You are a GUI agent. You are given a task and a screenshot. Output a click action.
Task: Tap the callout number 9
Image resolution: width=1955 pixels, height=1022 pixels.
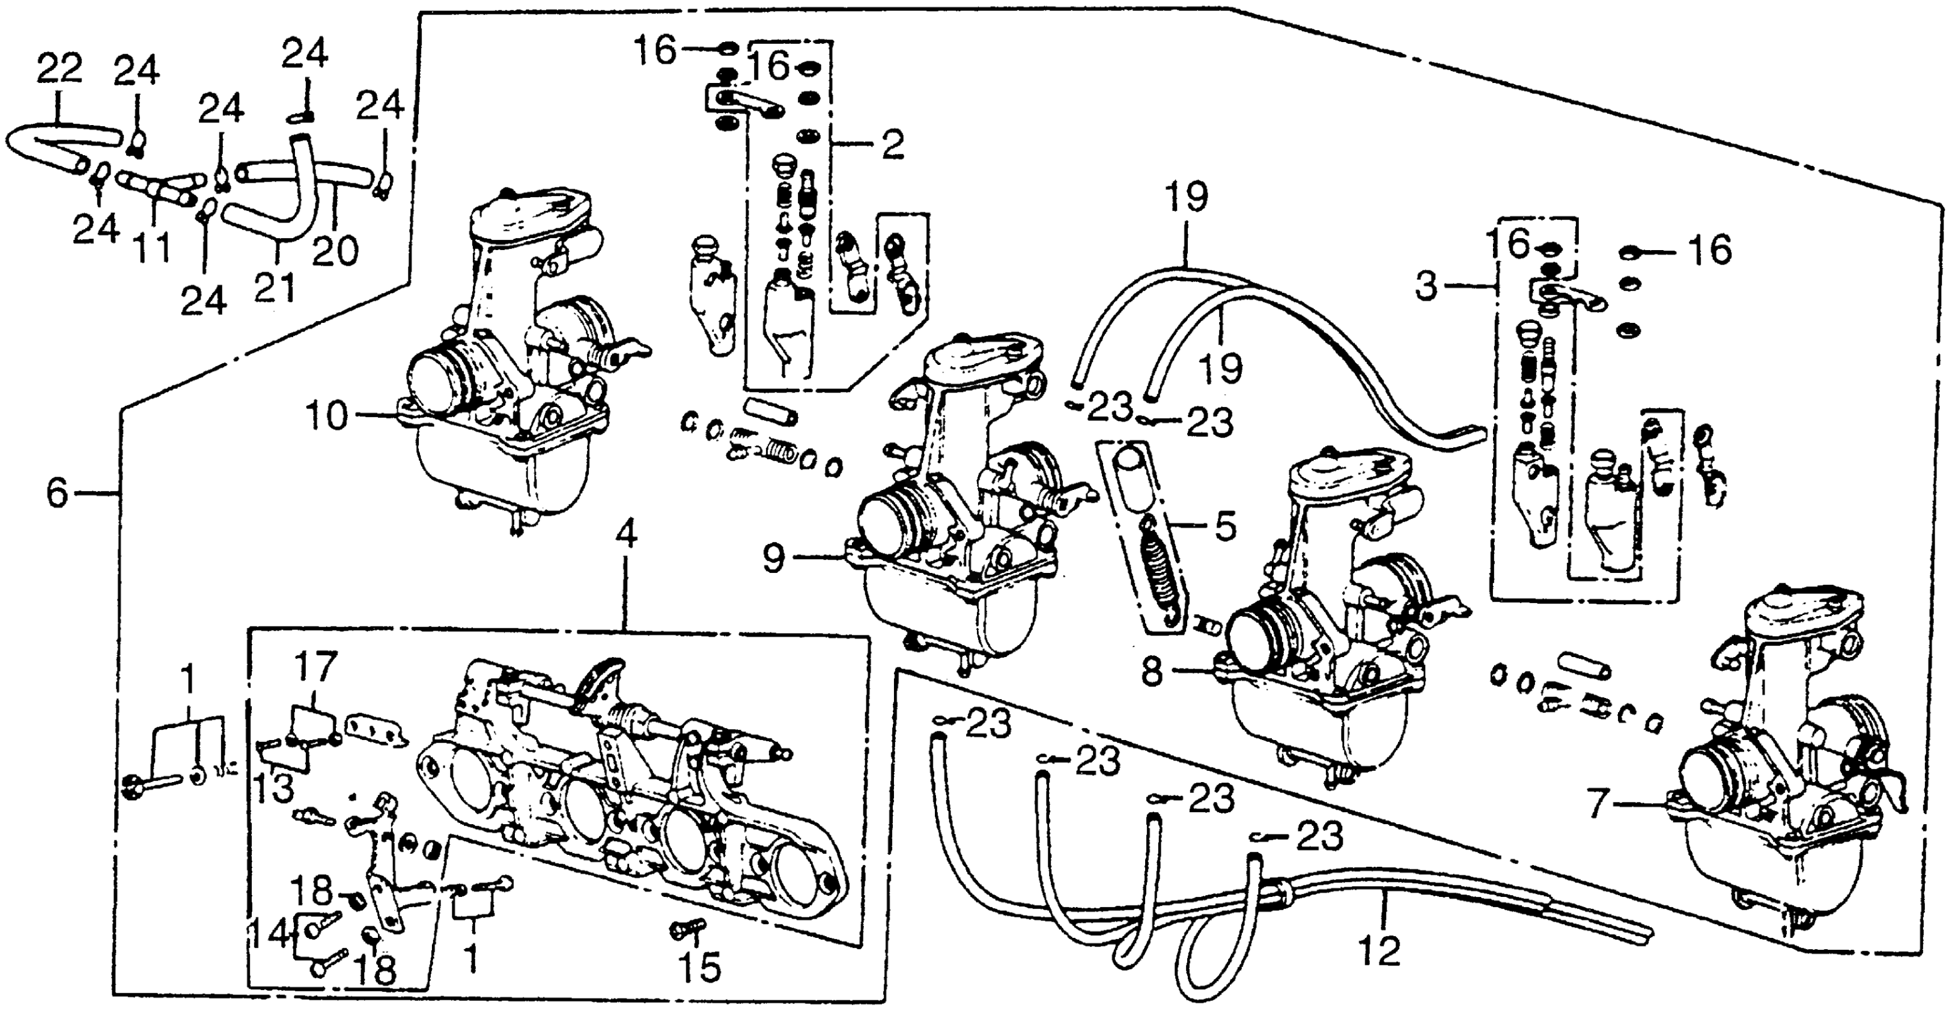pos(773,560)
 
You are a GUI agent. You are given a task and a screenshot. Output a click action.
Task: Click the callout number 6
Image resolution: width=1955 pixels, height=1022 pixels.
pos(58,494)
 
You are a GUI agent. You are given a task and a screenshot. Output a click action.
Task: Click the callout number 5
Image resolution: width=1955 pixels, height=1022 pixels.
pos(1225,525)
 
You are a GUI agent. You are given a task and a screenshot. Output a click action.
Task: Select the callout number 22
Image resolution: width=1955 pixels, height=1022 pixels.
pos(59,70)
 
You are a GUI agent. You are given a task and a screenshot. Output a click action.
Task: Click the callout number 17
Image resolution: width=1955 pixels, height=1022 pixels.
pos(315,667)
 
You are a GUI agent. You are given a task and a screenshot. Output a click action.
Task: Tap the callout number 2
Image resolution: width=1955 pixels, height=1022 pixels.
pos(893,144)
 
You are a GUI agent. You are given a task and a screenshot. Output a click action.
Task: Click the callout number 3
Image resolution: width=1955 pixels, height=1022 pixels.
pos(1426,287)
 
